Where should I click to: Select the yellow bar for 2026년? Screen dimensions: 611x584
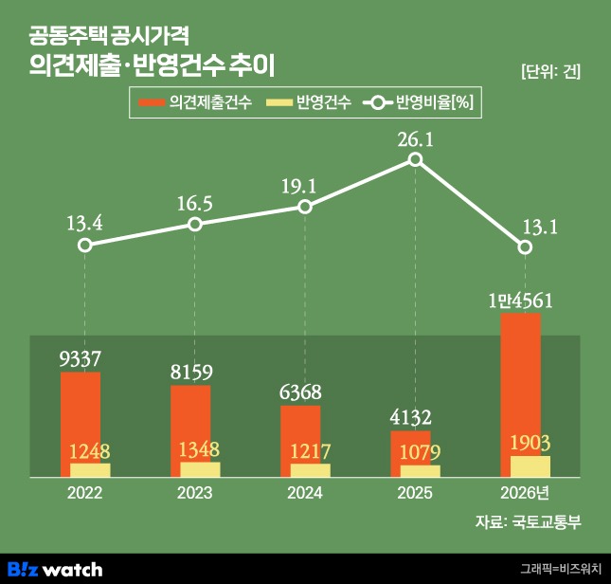[530, 466]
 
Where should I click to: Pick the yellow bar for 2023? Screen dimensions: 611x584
[200, 469]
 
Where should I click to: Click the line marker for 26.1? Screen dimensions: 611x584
[416, 159]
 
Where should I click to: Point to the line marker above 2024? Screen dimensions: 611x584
[305, 207]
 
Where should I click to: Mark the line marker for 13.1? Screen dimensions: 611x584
[526, 247]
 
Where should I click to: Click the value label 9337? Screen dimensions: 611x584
[81, 358]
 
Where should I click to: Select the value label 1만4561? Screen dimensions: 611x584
[521, 301]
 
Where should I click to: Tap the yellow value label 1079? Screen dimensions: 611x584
[420, 452]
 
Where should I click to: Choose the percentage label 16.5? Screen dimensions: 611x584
[195, 204]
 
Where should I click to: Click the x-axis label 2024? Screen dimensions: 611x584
[305, 493]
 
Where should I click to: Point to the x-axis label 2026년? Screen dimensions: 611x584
[525, 493]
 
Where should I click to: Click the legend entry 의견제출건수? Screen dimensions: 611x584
[195, 102]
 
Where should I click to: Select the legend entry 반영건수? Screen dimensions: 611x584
[309, 102]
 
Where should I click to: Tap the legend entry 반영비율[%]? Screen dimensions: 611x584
[418, 102]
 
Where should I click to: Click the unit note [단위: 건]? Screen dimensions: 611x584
[551, 72]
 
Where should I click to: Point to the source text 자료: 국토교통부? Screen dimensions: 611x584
[528, 521]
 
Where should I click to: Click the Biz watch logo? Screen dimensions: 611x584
[55, 570]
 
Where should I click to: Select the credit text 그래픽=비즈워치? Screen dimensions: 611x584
[561, 569]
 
